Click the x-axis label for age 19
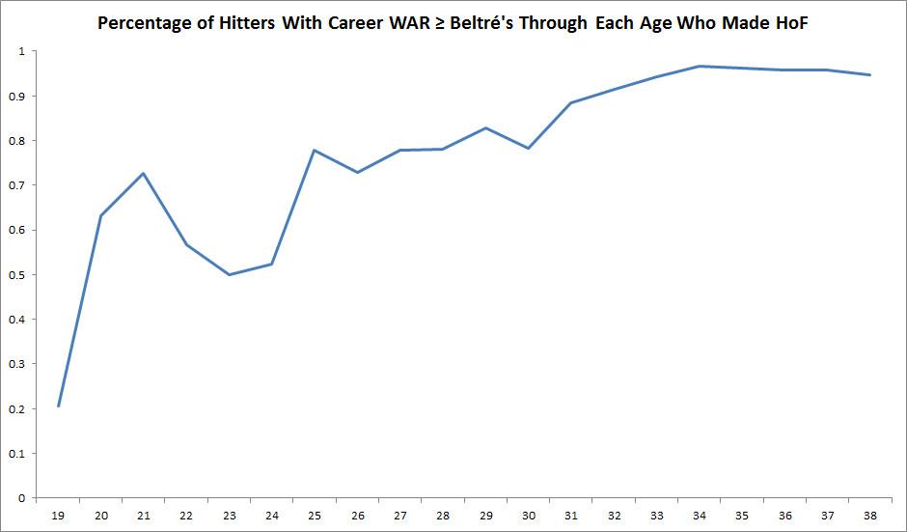[x=57, y=516]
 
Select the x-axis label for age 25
[x=315, y=516]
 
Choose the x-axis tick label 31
[x=571, y=516]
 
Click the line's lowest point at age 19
[x=58, y=406]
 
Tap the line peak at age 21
[x=143, y=174]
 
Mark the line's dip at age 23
[x=229, y=274]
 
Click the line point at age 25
[x=315, y=151]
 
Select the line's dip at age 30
[x=529, y=148]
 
